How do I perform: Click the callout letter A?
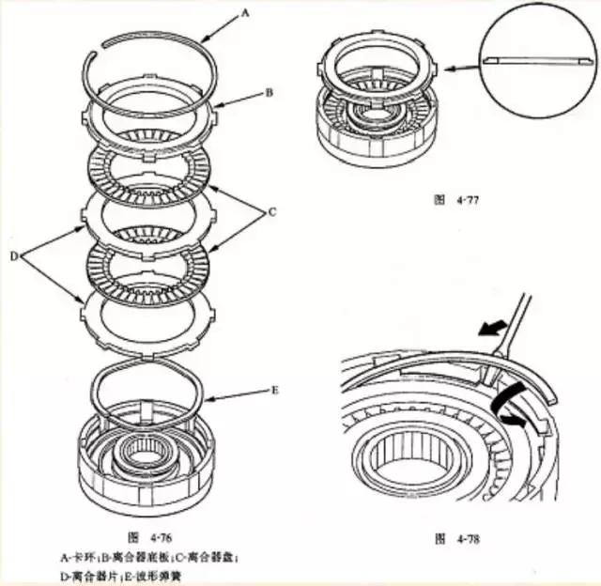point(246,13)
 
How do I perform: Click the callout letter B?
point(269,94)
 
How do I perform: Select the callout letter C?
point(272,212)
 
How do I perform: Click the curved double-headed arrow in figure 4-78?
point(511,404)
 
